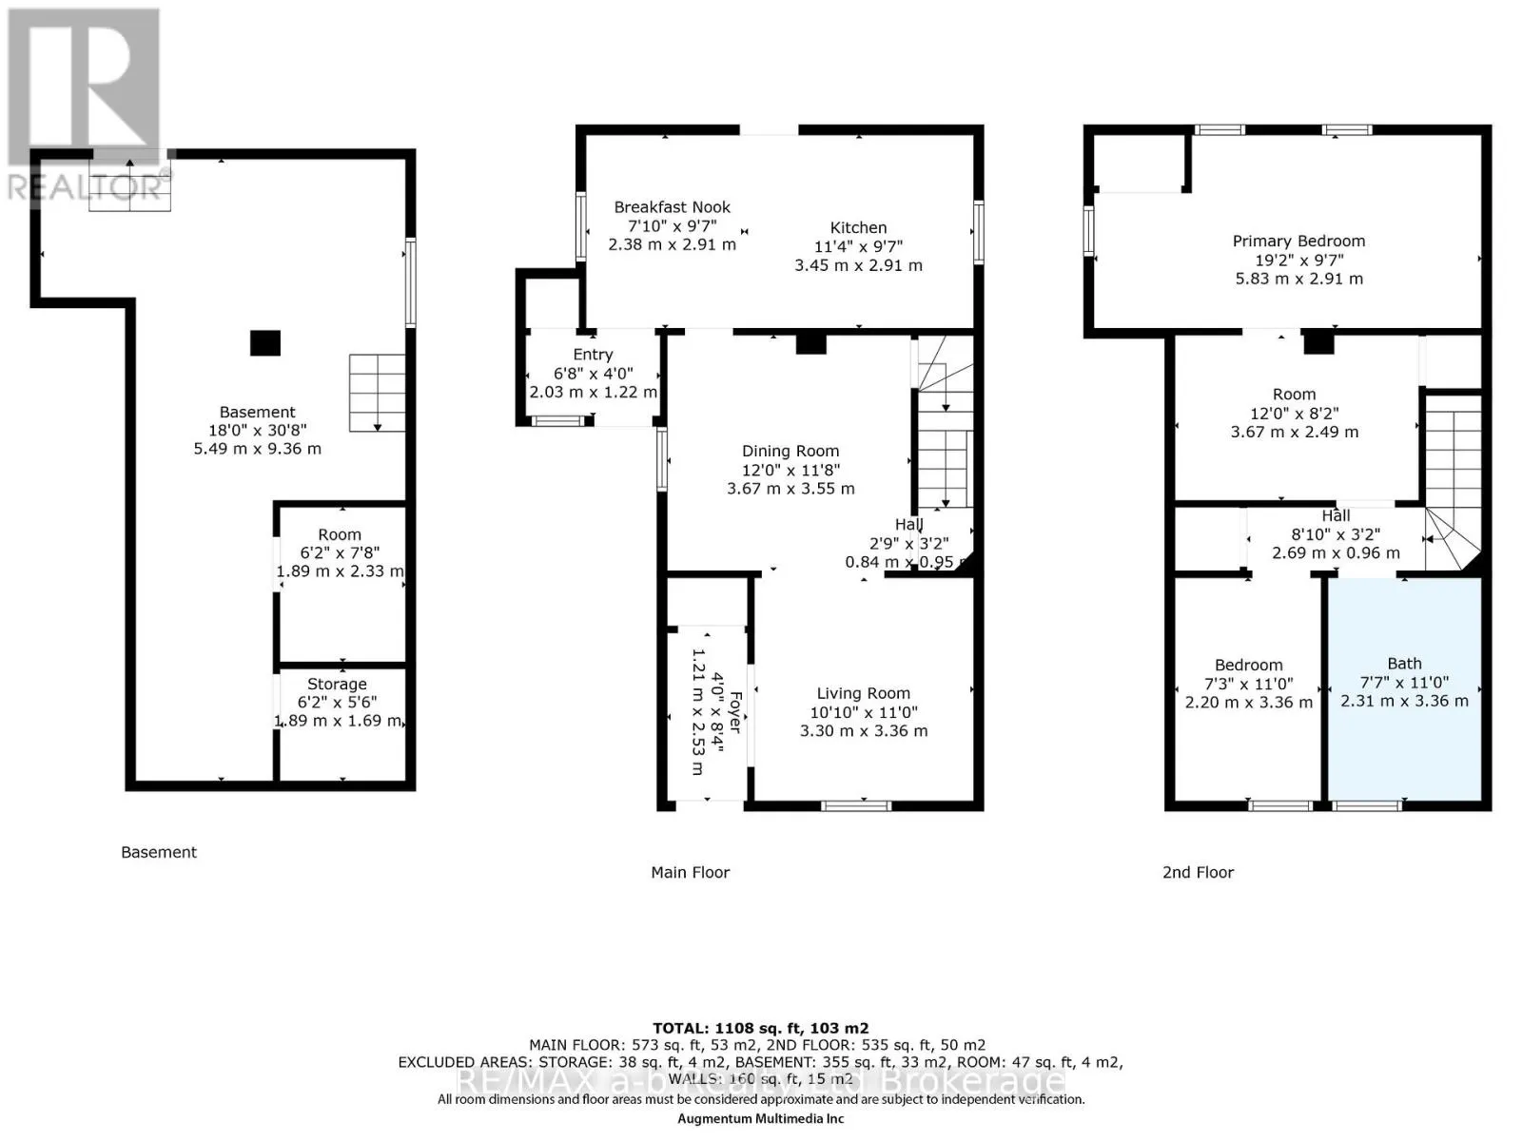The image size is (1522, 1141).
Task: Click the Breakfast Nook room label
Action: coord(672,207)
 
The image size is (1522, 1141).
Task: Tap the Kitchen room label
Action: coord(858,228)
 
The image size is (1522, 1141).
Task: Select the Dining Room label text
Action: coord(790,452)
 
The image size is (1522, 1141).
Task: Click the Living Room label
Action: coord(863,694)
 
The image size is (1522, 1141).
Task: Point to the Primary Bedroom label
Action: coord(1298,242)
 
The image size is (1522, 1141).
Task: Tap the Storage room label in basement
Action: coord(337,685)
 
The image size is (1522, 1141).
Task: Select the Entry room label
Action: coord(593,355)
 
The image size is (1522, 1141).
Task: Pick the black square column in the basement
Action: coord(265,343)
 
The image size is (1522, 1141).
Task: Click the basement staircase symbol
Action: coord(377,392)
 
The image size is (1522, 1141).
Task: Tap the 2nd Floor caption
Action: coord(1198,873)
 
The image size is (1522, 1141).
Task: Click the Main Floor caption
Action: coord(690,873)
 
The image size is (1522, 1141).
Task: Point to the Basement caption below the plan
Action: coord(159,853)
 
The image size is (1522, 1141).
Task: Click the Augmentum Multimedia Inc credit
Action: coord(760,1119)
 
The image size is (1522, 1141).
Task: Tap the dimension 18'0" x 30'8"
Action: coord(257,431)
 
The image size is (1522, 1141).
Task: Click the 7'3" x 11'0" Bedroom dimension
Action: coord(1248,684)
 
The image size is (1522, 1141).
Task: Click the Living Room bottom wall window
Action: coord(856,806)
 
